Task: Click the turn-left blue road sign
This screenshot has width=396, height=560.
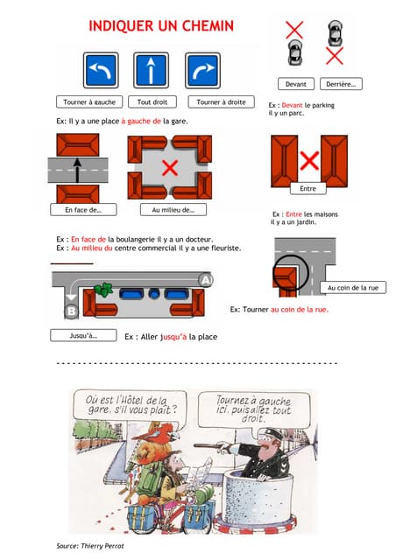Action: point(101,70)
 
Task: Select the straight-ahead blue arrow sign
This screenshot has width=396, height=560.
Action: point(151,70)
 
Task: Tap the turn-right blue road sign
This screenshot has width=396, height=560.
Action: point(203,70)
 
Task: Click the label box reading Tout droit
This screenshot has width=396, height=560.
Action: point(152,101)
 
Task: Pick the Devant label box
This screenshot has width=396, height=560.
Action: point(296,84)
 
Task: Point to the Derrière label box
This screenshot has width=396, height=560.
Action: point(341,84)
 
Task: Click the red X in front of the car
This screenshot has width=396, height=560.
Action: point(294,30)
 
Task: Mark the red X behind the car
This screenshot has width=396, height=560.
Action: point(335,56)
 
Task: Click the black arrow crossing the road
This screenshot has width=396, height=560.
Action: point(77,171)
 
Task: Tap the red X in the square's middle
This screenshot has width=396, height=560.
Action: point(170,168)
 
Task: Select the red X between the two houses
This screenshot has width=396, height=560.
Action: point(309,161)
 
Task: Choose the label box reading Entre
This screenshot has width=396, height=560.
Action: point(308,188)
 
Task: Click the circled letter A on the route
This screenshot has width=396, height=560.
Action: point(206,280)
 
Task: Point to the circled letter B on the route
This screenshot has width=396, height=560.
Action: point(72,311)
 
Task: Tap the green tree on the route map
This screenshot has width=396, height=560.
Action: point(103,290)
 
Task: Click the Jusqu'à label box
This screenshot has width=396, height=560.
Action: point(83,335)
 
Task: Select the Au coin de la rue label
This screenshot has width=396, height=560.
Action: point(353,288)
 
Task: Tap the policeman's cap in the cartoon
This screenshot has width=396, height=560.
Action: point(272,435)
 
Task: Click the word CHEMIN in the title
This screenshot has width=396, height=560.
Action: point(208,26)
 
